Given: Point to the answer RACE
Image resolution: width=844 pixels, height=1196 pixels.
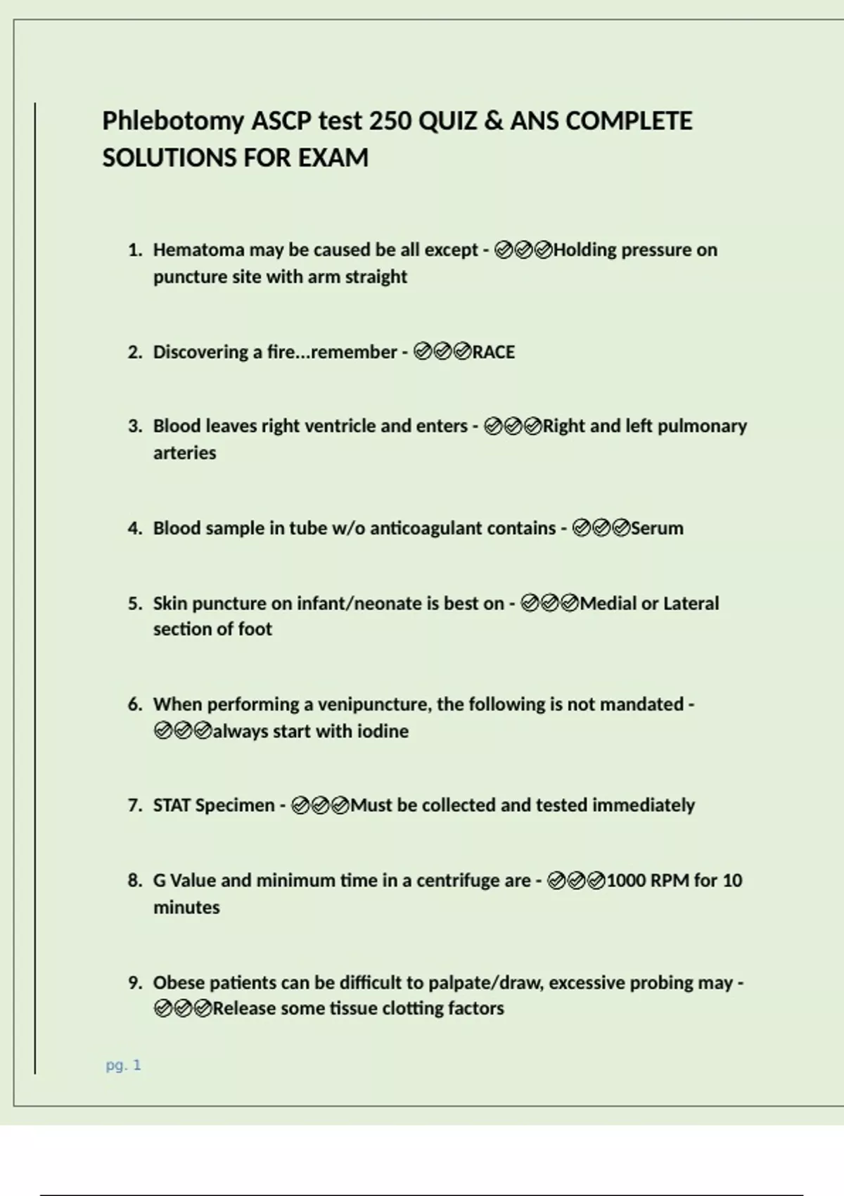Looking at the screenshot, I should pos(494,352).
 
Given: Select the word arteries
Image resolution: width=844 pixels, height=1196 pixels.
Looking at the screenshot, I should pos(184,453).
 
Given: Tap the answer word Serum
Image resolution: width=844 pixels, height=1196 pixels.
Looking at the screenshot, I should pos(657,528).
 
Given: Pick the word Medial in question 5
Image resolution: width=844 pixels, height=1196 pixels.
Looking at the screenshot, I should pos(608,604).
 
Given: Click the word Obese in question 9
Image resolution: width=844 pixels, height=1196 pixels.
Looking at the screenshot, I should pos(179,983).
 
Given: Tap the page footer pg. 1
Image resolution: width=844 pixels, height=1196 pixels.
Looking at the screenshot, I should pos(123,1065).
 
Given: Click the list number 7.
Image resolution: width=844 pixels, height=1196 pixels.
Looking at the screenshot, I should pos(134,806).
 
